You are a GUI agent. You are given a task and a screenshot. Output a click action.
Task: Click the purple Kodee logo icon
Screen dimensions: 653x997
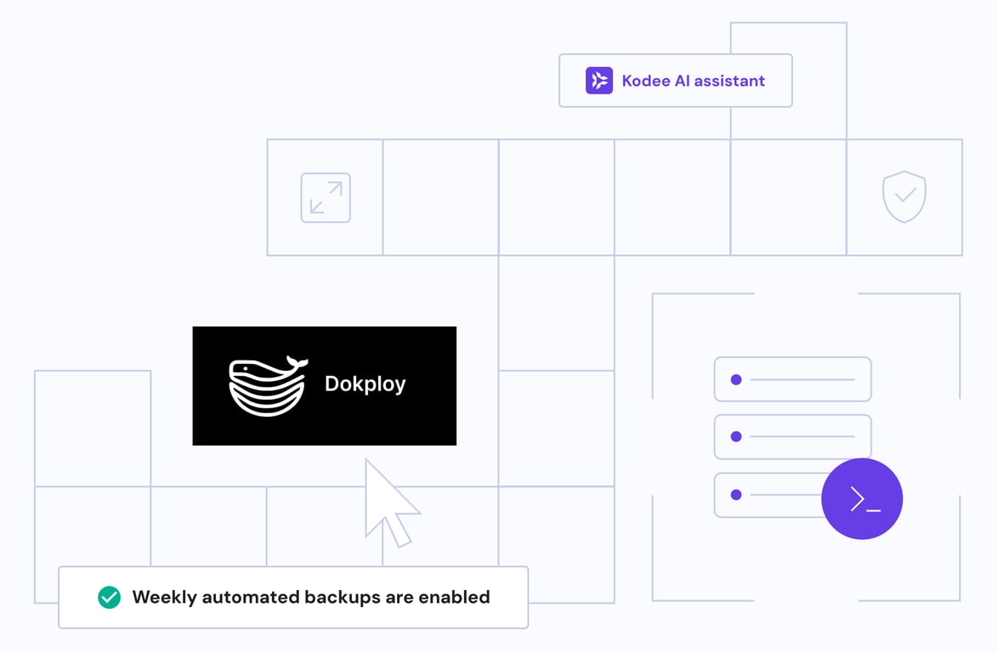coord(599,81)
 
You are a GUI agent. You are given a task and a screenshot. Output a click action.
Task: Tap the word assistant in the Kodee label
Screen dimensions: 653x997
coord(729,81)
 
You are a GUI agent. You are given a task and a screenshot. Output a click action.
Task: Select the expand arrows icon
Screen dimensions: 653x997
coord(326,198)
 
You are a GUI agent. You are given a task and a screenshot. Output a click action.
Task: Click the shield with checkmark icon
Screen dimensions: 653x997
coord(904,196)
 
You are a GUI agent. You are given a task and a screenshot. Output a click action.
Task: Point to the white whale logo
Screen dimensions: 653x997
coord(267,387)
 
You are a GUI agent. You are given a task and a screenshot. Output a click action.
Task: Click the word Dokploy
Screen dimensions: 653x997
coord(365,384)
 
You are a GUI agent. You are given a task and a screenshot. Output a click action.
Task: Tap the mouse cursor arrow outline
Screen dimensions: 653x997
coord(386,502)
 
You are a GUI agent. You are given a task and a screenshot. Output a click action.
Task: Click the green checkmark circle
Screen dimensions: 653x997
coord(109,597)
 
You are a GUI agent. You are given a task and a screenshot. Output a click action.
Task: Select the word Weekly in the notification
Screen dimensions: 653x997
coord(163,597)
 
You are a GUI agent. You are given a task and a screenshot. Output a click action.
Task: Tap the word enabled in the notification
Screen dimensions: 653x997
coord(454,597)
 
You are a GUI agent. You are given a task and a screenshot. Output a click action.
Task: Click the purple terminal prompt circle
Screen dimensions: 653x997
coord(862,499)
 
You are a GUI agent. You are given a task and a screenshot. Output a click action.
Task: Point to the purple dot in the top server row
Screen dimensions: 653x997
coord(736,379)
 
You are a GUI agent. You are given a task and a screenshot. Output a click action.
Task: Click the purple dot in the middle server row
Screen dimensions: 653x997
coord(736,437)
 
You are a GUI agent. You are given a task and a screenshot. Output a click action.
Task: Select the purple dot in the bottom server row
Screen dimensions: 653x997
coord(736,495)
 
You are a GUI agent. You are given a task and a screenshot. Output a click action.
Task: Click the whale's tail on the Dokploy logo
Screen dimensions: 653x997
coord(295,363)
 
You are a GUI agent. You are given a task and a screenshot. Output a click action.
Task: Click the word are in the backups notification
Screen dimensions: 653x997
coord(399,597)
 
